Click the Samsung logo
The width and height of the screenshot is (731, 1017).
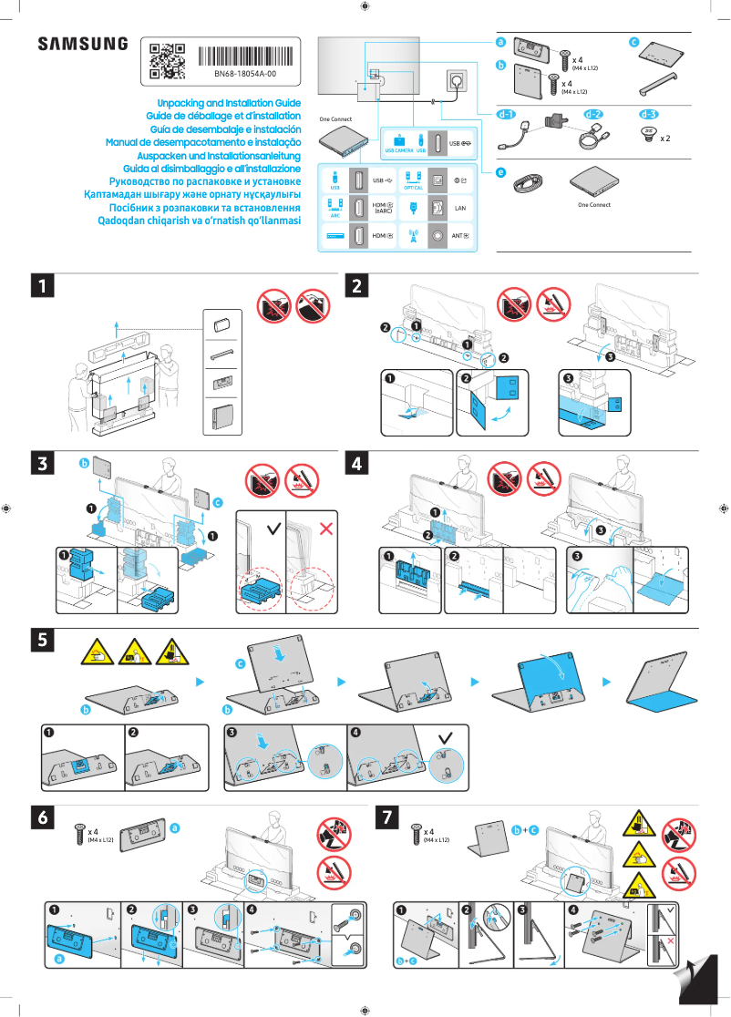point(83,44)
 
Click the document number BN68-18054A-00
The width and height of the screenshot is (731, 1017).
point(245,73)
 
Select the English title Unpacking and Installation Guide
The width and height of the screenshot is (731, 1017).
point(229,104)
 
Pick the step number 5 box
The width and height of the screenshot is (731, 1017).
point(42,641)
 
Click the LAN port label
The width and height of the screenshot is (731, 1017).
point(460,208)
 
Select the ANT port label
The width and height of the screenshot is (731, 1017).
point(460,235)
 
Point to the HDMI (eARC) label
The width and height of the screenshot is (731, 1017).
point(383,208)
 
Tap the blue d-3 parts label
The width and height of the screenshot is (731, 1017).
point(648,115)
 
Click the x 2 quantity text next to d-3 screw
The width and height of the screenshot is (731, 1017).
point(665,139)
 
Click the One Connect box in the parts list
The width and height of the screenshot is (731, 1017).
point(593,182)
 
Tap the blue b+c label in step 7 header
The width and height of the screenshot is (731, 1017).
point(524,829)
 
